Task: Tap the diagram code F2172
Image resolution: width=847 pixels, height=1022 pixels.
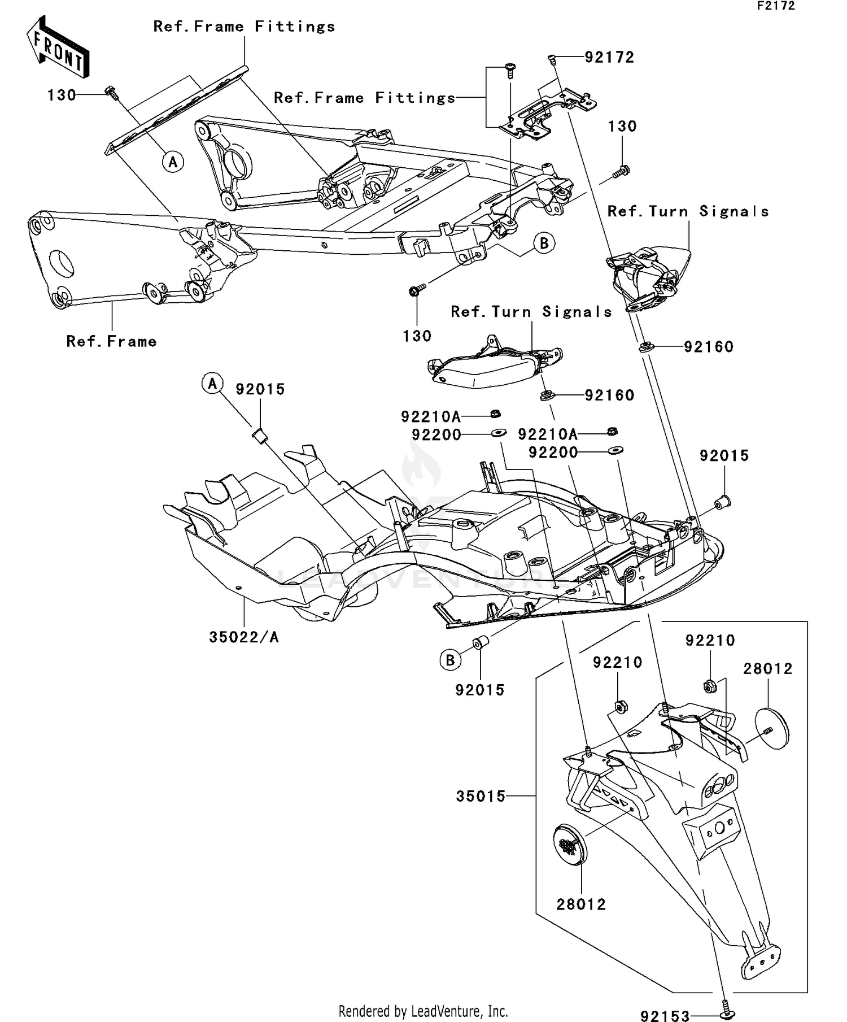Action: coord(776,6)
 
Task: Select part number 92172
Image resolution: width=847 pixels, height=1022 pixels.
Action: coord(609,58)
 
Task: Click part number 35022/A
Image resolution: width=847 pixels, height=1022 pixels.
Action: coord(244,637)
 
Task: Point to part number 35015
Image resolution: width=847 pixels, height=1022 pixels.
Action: coord(481,796)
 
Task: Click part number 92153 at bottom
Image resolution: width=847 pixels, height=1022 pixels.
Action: coord(665,1016)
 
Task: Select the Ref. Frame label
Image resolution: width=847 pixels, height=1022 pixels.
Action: coord(111,341)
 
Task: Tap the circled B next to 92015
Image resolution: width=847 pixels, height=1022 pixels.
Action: coord(450,660)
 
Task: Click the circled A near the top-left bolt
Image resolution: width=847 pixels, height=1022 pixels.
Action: coord(173,162)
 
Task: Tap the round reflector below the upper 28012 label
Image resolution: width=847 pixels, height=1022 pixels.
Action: coord(772,729)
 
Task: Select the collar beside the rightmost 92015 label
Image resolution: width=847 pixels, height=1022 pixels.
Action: coord(723,501)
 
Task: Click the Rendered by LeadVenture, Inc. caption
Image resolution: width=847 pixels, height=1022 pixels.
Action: coord(423,1011)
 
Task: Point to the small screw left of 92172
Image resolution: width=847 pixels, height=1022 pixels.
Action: coord(552,58)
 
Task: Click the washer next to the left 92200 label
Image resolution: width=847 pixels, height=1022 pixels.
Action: coord(498,433)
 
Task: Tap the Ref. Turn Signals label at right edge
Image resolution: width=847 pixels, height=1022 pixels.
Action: coord(688,211)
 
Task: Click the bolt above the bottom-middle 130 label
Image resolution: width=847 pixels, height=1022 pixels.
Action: coord(416,290)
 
